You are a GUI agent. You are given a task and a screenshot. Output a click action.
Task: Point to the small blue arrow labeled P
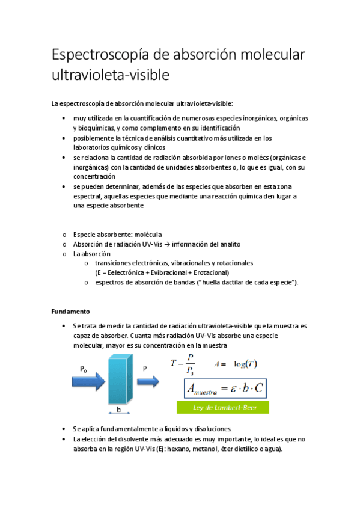(x=147, y=382)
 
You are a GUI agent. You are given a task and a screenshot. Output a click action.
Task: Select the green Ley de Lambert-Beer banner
(x=222, y=408)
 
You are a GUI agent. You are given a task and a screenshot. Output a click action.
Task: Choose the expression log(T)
(x=245, y=364)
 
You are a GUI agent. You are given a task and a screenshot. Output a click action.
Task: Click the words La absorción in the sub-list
(x=91, y=254)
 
